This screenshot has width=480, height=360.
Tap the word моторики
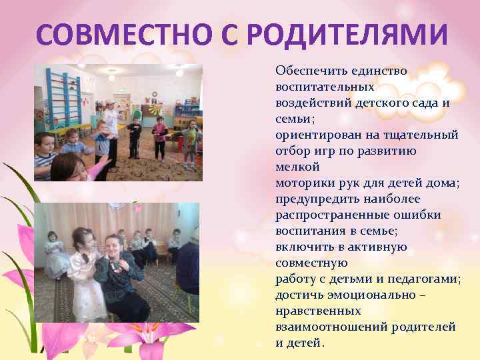[303, 182]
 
